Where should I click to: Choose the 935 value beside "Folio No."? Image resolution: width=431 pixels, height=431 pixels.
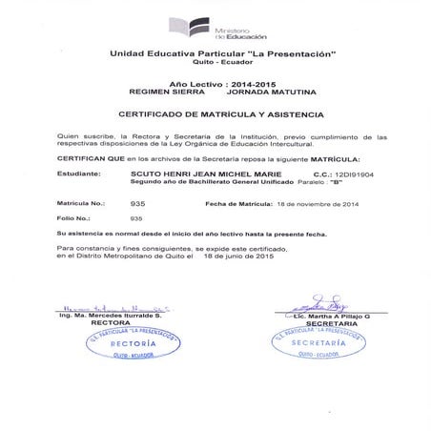[x=136, y=218]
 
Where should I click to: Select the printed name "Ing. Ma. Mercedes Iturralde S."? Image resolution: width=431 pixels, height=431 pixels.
[x=110, y=314]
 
